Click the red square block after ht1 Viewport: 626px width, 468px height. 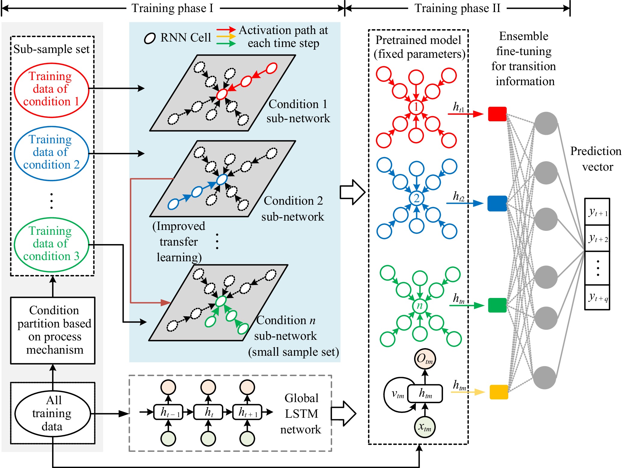coord(497,114)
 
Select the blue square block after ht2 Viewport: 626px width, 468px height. coord(497,203)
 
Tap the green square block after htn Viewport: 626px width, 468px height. coord(497,305)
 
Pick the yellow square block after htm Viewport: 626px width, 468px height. coord(499,392)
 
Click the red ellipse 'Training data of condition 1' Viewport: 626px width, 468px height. coord(51,90)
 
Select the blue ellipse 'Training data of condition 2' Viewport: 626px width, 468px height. coord(51,153)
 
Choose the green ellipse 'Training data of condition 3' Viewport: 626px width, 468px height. coord(51,245)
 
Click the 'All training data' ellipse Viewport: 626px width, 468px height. coord(52,413)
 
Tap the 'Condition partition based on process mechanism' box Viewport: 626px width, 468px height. coord(53,330)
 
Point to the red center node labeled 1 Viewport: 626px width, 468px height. coord(416,107)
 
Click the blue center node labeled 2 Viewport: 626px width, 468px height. coord(416,198)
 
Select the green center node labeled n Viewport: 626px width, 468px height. coord(419,305)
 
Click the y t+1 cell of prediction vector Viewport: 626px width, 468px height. coord(597,212)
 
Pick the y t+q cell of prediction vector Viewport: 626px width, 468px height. coord(597,297)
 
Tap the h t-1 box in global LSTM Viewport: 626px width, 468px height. coord(168,412)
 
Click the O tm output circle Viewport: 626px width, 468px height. coord(425,358)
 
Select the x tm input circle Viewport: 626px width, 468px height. coord(425,427)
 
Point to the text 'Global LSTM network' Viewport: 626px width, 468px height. coord(301,414)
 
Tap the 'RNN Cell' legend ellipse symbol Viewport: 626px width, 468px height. coord(150,38)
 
